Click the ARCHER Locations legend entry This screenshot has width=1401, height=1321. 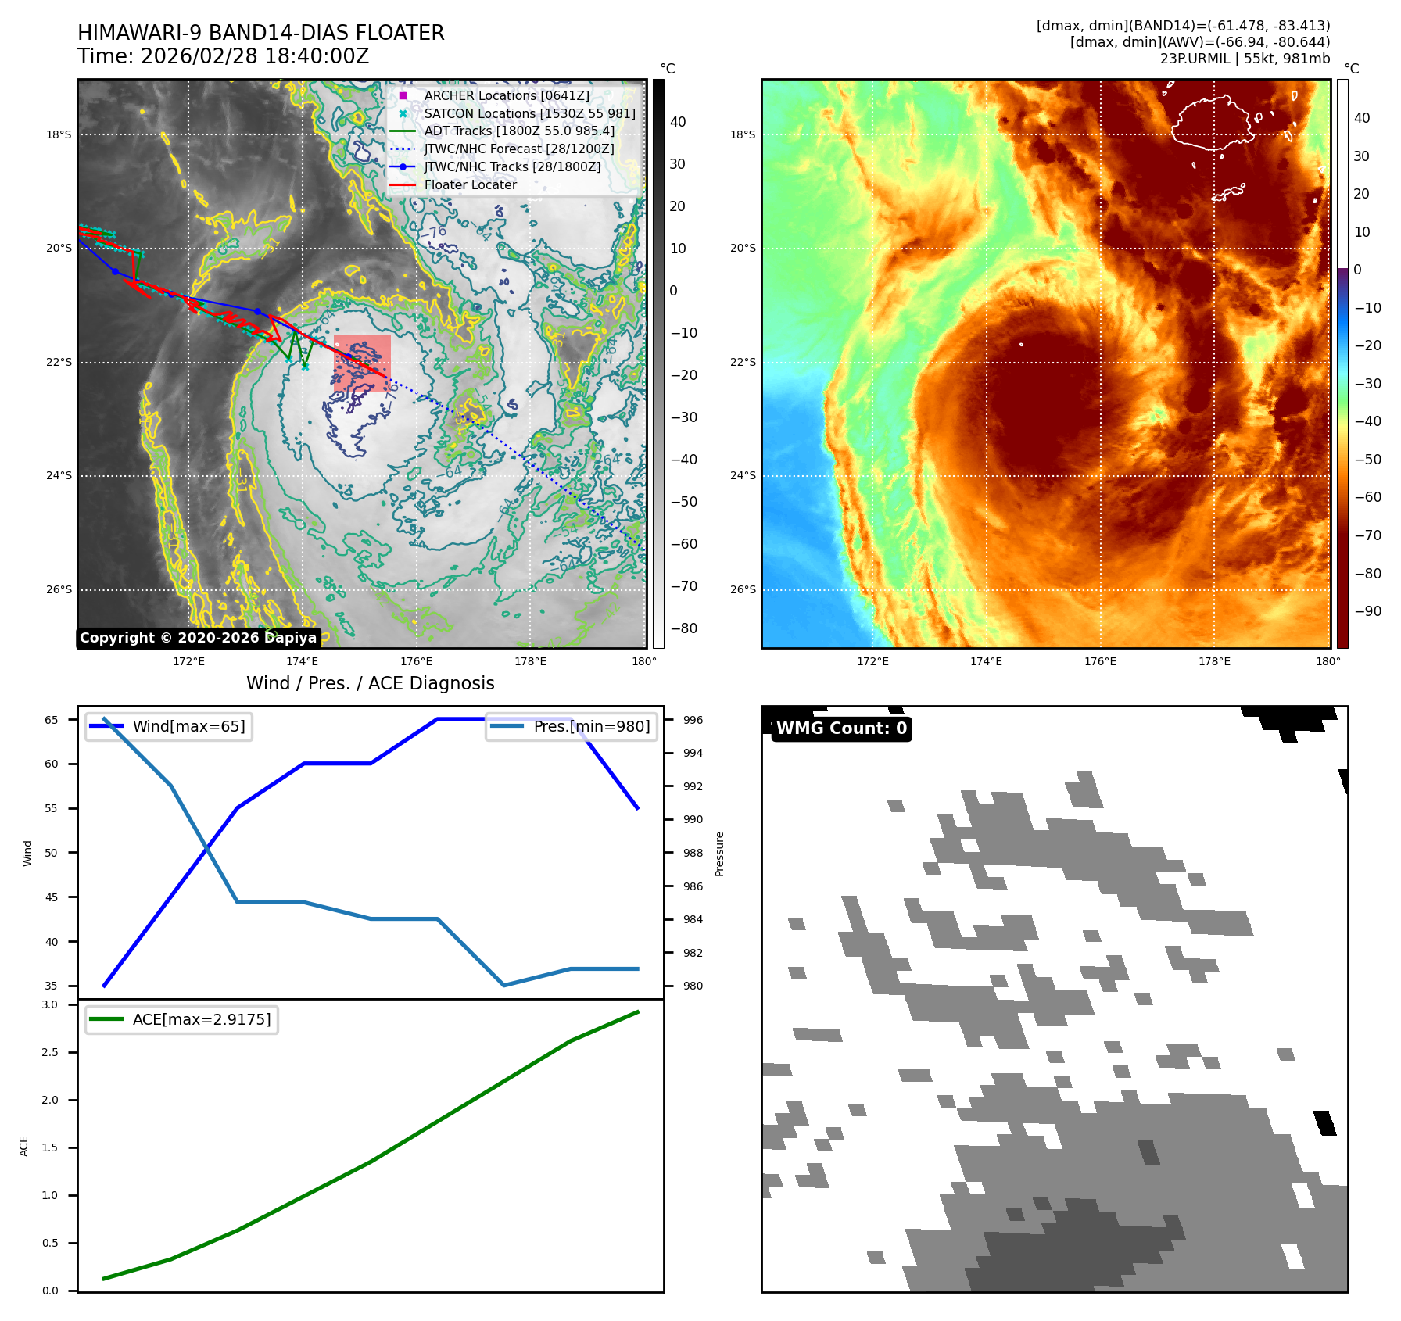(x=507, y=95)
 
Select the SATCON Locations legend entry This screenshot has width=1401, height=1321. (x=529, y=113)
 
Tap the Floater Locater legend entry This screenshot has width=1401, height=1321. (x=470, y=184)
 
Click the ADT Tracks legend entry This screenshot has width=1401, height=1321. (x=519, y=131)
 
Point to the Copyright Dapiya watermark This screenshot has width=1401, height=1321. (x=198, y=638)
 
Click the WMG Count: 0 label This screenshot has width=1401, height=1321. (x=841, y=729)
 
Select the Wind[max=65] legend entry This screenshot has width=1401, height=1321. (x=188, y=726)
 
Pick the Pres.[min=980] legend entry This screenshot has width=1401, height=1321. (x=591, y=726)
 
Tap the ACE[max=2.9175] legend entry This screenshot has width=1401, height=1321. (x=202, y=1019)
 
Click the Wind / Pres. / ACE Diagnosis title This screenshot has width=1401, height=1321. (x=370, y=683)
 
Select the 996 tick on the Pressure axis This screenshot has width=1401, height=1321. (x=693, y=720)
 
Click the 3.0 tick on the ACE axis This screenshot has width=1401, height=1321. (x=50, y=1004)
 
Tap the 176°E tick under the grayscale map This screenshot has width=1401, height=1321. (x=416, y=661)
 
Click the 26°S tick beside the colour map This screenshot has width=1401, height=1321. (x=743, y=589)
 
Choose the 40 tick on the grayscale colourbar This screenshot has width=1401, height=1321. (x=678, y=122)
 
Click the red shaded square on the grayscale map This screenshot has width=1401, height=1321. (x=362, y=363)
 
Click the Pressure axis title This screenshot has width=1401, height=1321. (x=720, y=854)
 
